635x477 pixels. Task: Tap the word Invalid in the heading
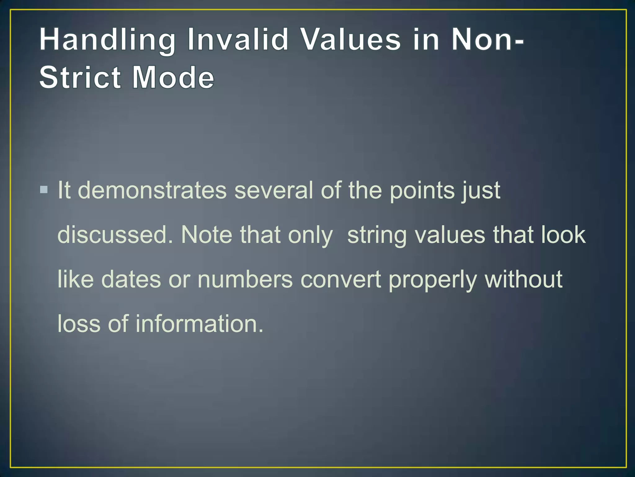[238, 40]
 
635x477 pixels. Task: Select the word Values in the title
[351, 40]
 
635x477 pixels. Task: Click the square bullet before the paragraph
[44, 189]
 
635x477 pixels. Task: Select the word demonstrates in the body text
[152, 190]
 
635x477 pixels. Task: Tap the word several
[273, 190]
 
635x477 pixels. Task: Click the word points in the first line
[422, 190]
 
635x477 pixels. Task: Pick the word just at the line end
[481, 190]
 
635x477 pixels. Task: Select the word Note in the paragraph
[206, 235]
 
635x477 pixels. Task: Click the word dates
[131, 279]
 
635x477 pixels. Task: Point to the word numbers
[245, 279]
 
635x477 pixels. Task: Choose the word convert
[340, 279]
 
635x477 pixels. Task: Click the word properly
[433, 279]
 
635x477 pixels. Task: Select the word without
[523, 279]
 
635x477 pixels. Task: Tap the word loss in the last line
[79, 324]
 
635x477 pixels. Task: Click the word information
[199, 324]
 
